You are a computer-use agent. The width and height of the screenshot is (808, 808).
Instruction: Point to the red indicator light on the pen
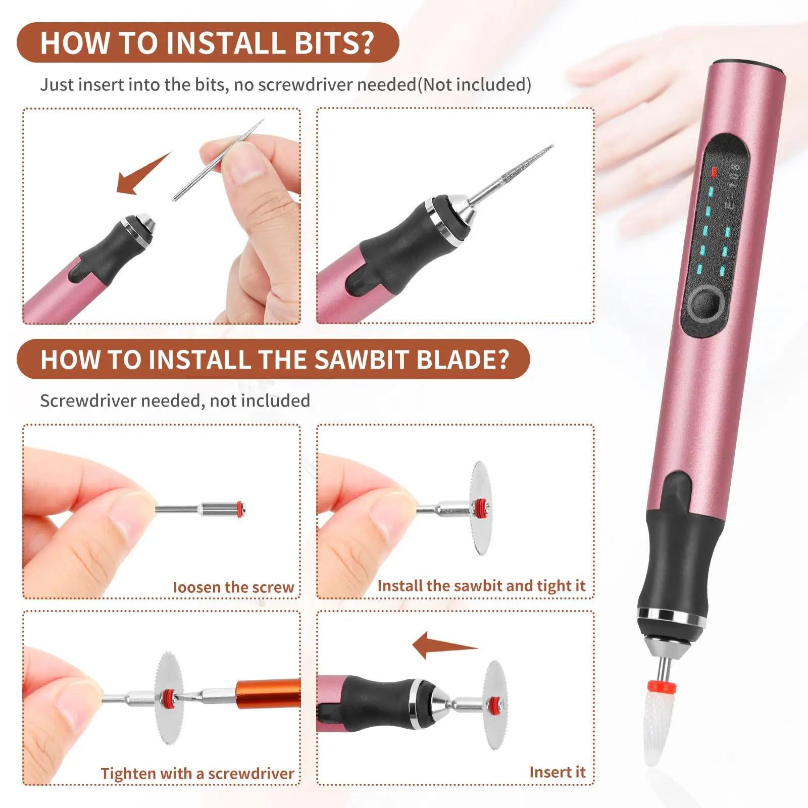pos(714,172)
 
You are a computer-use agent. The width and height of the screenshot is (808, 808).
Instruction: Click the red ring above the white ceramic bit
pos(662,687)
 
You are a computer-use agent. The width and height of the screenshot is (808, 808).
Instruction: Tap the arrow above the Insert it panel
pos(442,645)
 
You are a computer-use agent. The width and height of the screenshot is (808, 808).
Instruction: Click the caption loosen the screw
pos(233,587)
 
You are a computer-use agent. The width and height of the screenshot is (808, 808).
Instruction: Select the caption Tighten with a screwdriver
pos(197,774)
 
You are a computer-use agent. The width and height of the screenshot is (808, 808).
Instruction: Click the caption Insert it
pos(557,772)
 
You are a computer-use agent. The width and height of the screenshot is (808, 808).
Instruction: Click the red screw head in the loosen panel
pos(241,508)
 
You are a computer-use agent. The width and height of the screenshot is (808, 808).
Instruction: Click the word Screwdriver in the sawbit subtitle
pos(88,400)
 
